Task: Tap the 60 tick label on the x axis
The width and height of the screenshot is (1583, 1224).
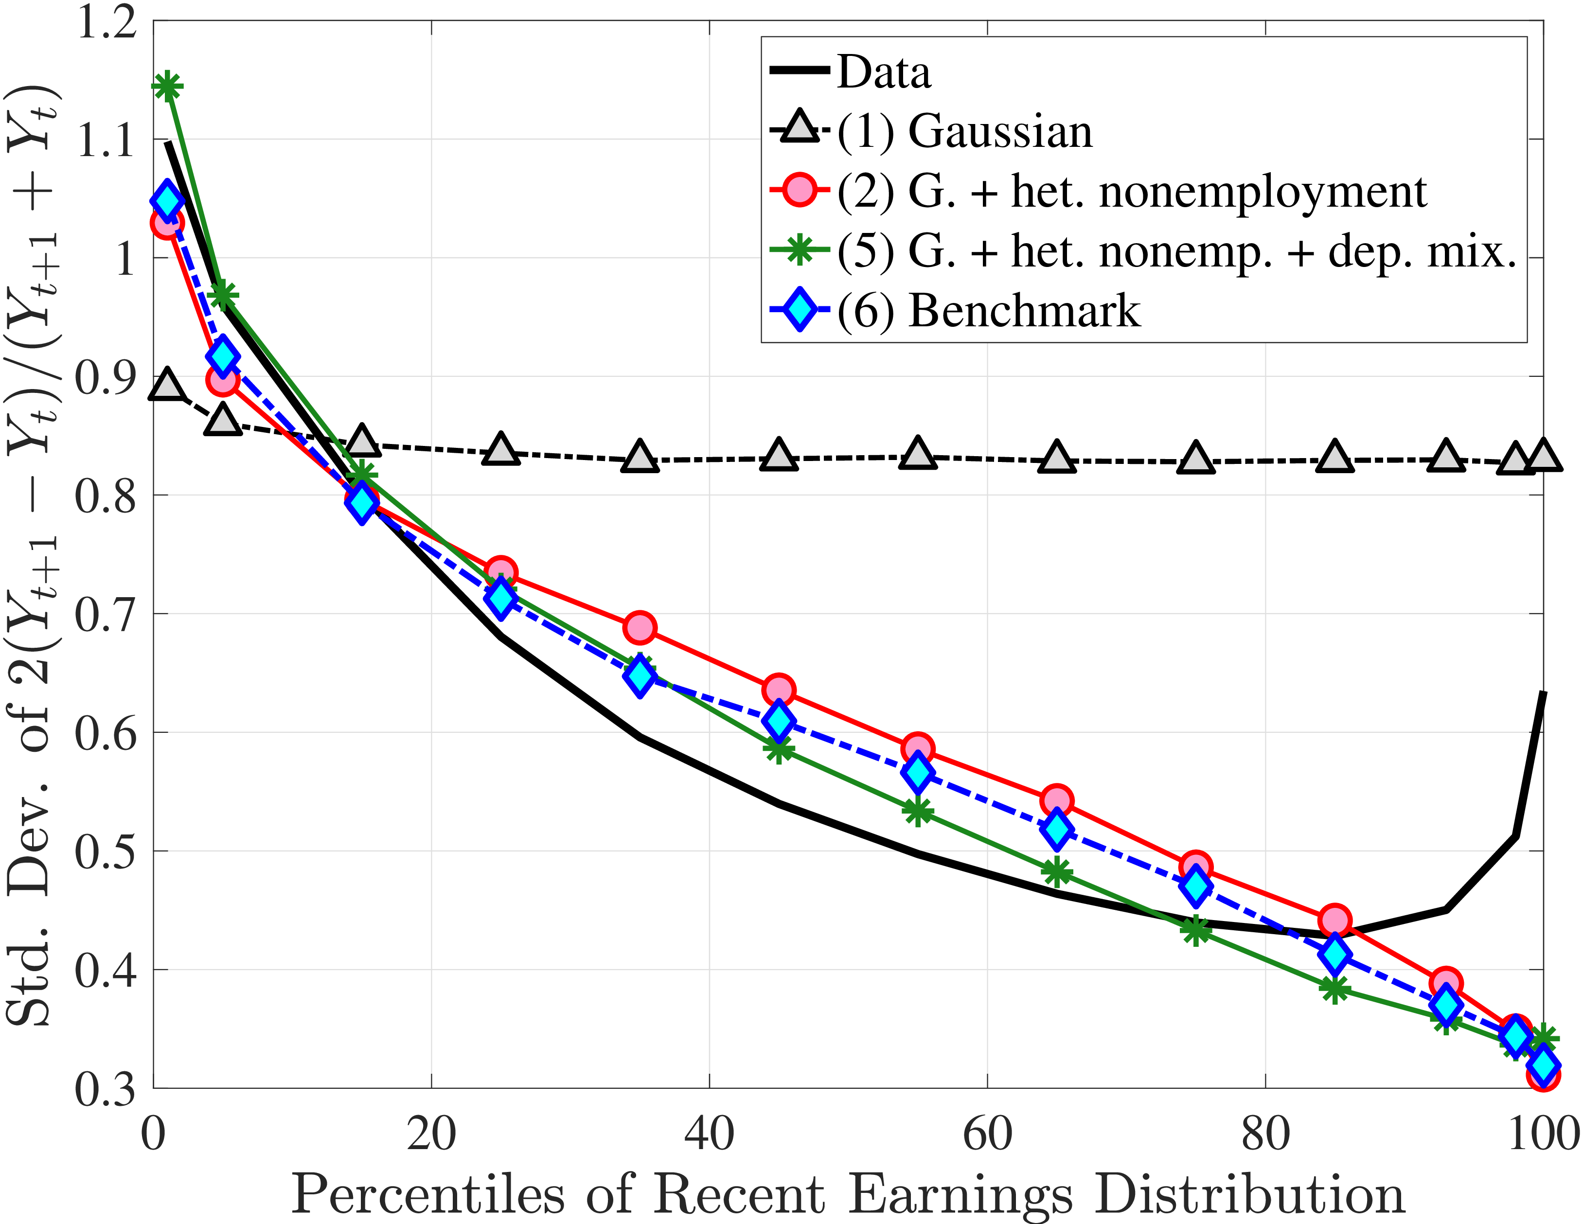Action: tap(987, 1134)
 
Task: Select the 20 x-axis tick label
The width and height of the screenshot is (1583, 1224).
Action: tap(431, 1134)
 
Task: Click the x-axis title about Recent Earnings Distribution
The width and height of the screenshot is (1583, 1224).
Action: tap(848, 1193)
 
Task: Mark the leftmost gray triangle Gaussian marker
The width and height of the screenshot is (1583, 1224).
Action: tap(167, 385)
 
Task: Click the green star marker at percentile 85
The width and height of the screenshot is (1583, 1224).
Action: tap(1334, 989)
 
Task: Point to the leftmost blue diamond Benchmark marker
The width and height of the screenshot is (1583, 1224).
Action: tap(167, 201)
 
